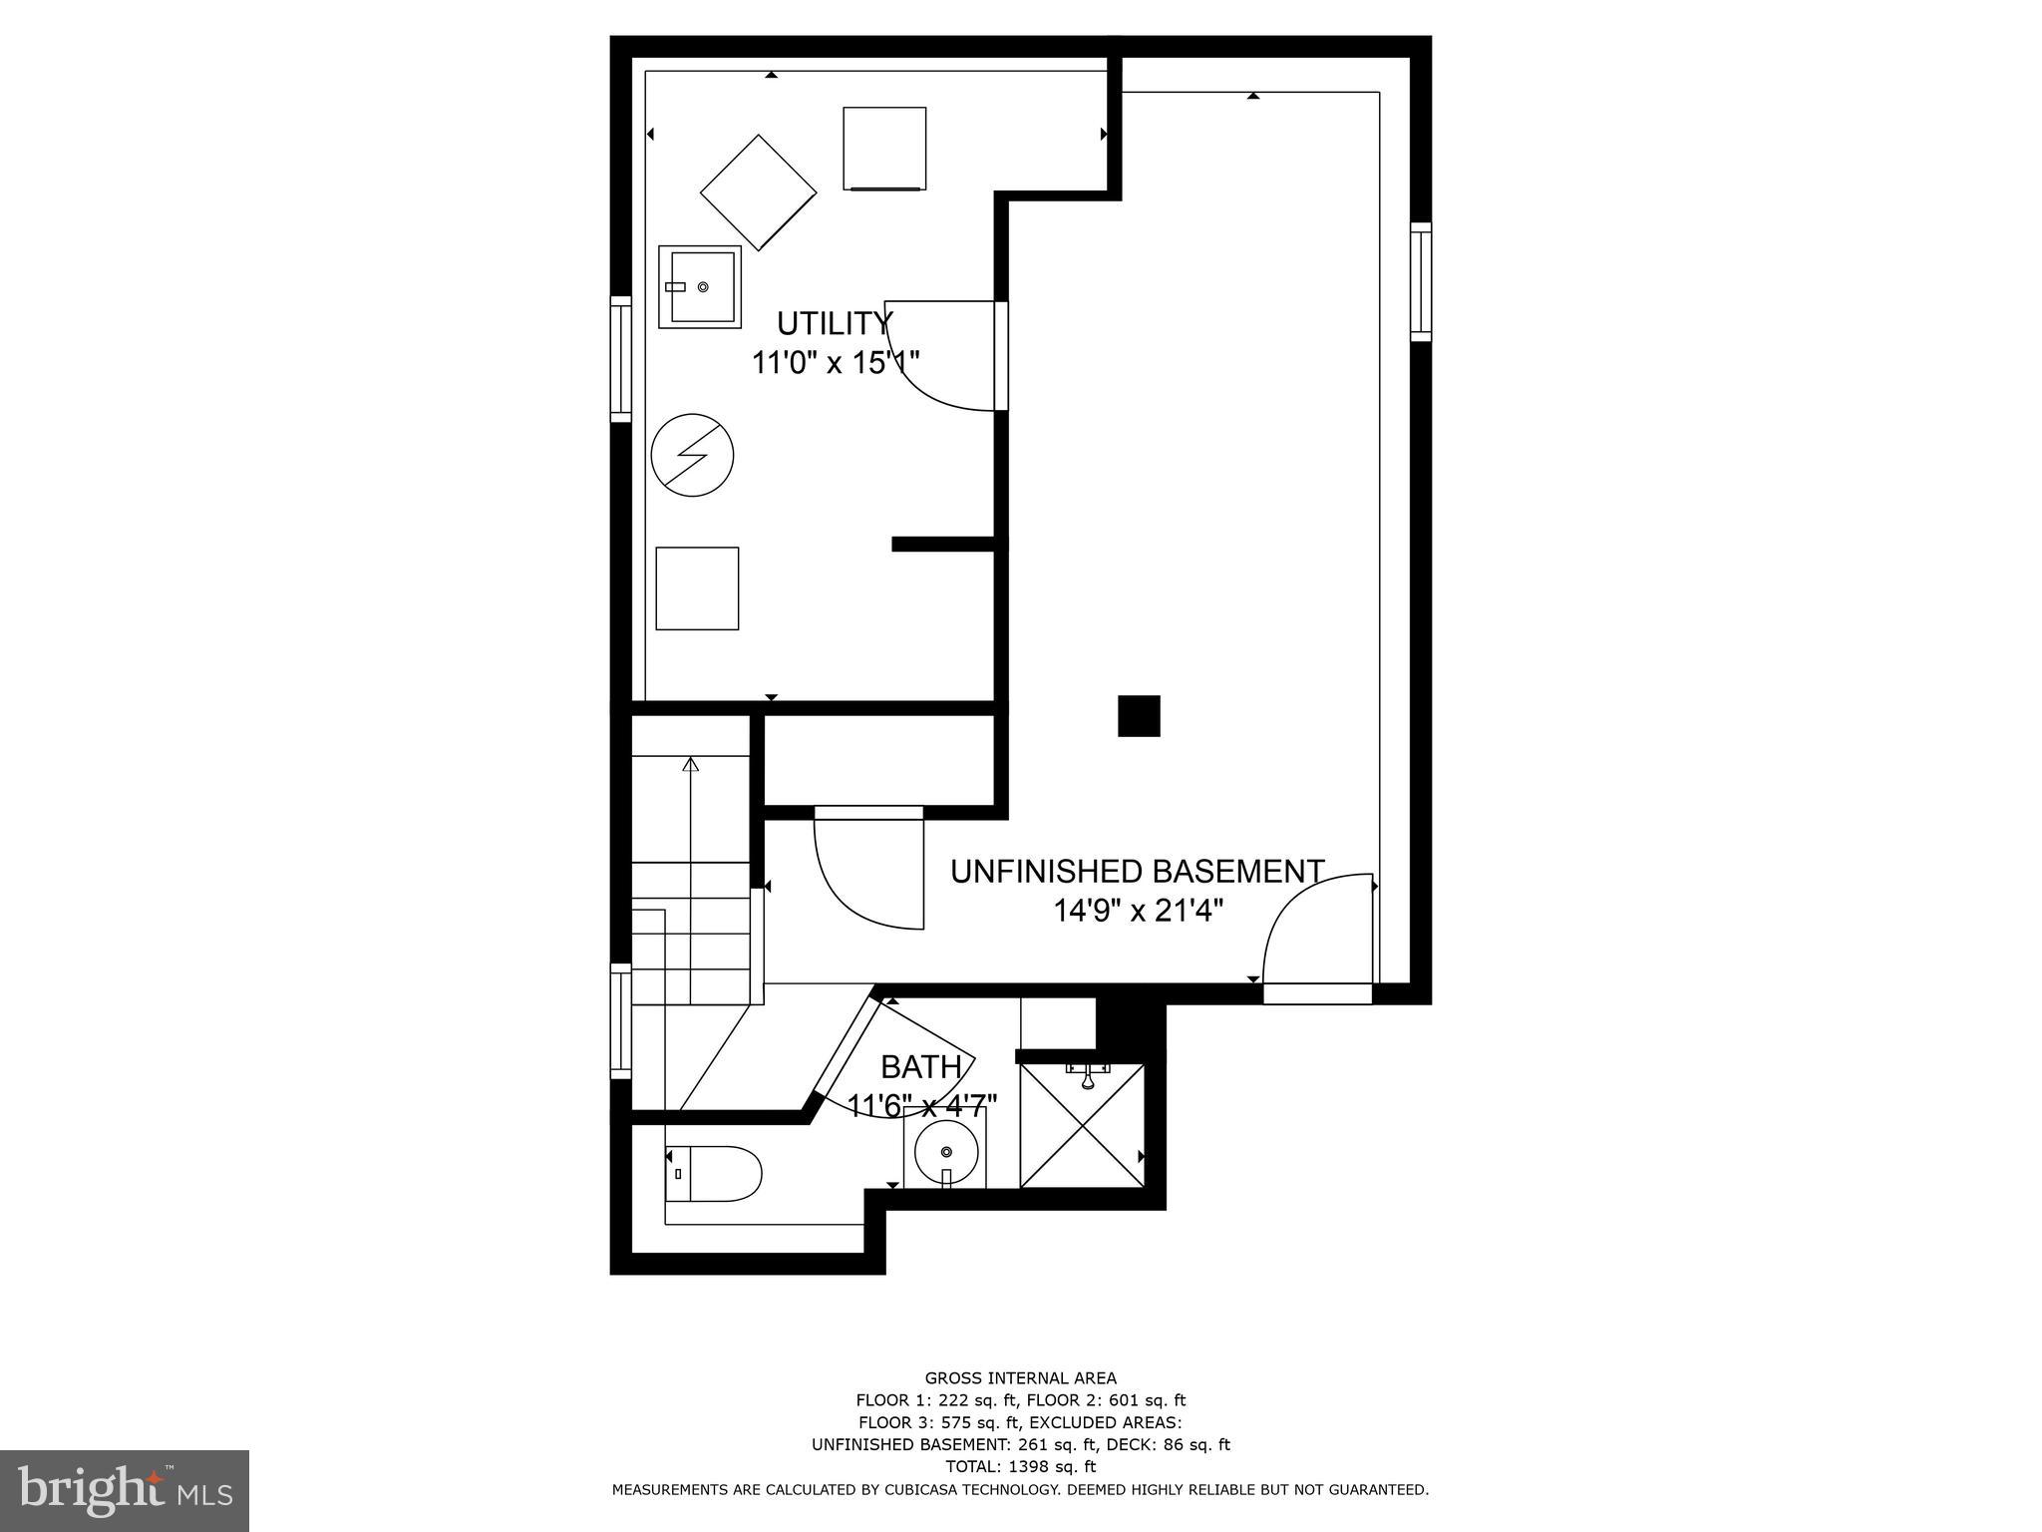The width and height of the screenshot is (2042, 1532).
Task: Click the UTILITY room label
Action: coord(834,323)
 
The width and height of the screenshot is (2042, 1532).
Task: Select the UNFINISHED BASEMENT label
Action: coord(1137,871)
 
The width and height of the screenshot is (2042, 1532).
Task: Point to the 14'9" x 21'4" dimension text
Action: coord(1138,910)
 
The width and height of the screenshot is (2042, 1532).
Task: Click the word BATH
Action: coord(920,1067)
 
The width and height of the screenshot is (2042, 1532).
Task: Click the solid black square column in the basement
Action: coord(1139,715)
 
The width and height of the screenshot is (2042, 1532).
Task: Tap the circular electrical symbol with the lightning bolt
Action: coord(692,456)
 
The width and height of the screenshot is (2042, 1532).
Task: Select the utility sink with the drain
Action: coord(700,287)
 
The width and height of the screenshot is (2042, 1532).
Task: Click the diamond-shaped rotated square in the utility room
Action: coord(758,192)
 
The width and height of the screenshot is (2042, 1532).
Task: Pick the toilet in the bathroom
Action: coord(714,1173)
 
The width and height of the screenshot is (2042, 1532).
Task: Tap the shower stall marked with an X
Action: coord(1082,1126)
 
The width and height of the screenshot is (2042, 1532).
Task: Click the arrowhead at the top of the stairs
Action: coord(690,765)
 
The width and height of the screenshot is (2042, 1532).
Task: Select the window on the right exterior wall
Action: coord(1420,282)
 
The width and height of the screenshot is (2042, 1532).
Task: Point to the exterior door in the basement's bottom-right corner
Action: coord(1316,993)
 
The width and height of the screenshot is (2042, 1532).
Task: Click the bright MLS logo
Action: coord(125,1490)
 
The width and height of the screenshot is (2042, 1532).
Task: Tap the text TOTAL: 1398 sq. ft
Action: coord(1020,1465)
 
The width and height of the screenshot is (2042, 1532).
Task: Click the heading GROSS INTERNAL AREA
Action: coord(1020,1378)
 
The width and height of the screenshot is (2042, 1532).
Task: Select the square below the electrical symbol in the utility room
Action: coord(697,588)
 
